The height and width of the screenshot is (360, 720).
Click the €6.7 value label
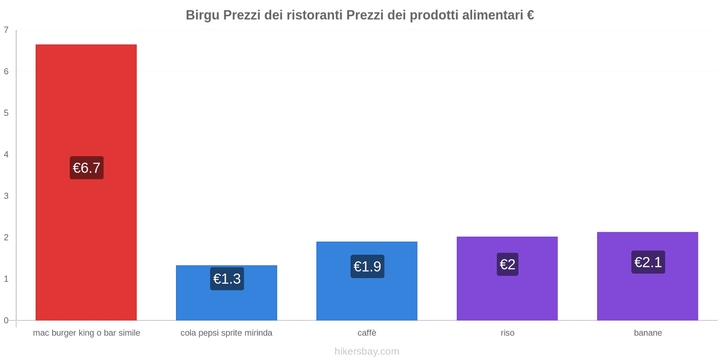point(86,168)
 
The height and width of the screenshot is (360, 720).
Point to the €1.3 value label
point(227,279)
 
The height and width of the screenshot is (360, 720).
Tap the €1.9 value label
point(367,266)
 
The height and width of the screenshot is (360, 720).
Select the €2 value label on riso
point(507,264)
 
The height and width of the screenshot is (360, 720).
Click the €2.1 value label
point(648,262)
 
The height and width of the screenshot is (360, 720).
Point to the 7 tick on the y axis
point(6,30)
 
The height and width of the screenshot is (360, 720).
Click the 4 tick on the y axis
point(6,154)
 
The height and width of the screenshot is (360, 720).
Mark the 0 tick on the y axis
point(6,320)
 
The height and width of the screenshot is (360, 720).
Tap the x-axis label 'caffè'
point(367,333)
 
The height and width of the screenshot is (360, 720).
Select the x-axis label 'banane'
point(648,333)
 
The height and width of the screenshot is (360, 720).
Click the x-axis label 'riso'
point(507,333)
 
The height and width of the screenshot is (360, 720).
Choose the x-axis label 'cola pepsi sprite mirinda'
point(226,333)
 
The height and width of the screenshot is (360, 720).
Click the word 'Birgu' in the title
point(202,15)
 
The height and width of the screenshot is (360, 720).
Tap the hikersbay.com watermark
point(367,351)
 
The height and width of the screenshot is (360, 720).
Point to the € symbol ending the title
point(530,15)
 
